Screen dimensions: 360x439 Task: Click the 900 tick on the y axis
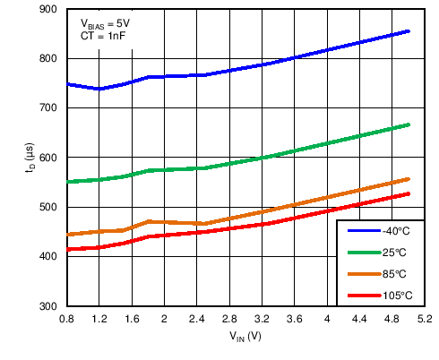point(48,9)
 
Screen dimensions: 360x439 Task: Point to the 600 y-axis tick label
point(48,158)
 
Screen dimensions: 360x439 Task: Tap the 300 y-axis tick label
point(48,306)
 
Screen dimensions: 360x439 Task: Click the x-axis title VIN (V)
point(245,338)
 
